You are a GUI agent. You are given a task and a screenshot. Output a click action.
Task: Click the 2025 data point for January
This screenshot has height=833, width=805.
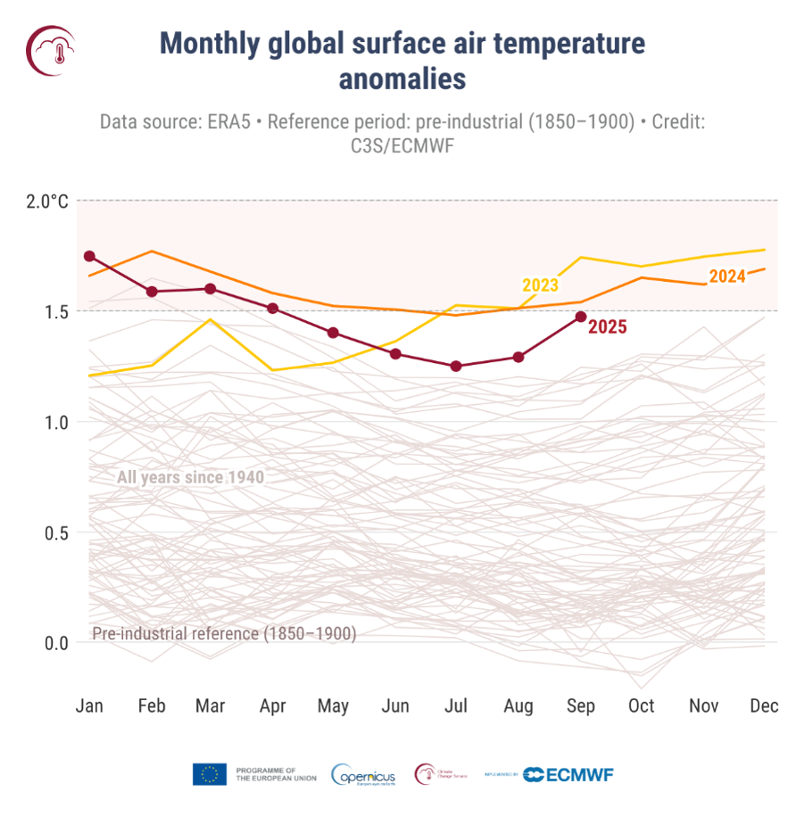coord(89,256)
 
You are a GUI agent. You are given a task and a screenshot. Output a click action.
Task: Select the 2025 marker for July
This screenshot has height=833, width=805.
coord(456,366)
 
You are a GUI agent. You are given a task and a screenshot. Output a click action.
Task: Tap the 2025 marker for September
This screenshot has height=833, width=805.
coord(581,317)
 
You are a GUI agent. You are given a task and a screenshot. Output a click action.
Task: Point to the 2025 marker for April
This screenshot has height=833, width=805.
coord(273,309)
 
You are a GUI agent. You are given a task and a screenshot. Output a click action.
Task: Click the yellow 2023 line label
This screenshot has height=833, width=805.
coord(540,285)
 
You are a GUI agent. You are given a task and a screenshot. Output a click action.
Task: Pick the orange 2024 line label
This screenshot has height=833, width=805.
coord(726,276)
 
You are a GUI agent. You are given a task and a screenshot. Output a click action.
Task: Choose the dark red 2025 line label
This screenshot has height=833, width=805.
coord(607,327)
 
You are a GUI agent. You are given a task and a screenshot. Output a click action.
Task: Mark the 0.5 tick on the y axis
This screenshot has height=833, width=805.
coord(54,532)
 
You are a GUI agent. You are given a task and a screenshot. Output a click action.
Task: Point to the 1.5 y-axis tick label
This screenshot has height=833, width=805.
coord(54,311)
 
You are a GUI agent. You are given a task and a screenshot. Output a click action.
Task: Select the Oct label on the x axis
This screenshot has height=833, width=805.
coord(641,705)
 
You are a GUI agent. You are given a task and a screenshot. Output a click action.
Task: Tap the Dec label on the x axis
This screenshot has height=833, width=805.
coord(764,705)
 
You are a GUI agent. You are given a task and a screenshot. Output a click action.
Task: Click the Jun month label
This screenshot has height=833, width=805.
coord(395,705)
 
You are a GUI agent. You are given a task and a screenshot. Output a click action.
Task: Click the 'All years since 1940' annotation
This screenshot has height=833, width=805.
coord(190,477)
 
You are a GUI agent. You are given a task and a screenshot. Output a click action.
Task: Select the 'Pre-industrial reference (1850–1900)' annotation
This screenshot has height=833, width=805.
coord(224,634)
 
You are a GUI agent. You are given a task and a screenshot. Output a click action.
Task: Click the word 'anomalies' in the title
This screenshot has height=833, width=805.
coord(402,78)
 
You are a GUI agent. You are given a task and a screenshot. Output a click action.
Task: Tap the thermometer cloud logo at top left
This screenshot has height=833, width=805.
coord(50,49)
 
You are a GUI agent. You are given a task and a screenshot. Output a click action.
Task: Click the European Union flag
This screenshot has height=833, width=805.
coord(210,774)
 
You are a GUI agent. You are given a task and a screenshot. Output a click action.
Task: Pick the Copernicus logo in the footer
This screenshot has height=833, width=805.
coord(363,775)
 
